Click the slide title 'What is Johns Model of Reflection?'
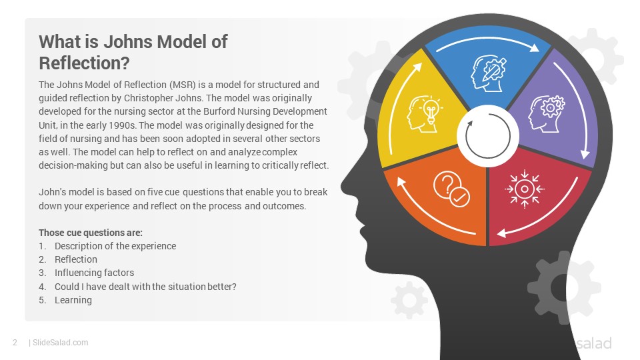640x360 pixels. point(133,52)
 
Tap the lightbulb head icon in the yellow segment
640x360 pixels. point(425,114)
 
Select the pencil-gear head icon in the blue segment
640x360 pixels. point(488,73)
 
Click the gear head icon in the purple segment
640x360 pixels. point(547,114)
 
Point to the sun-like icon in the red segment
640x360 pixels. point(525,189)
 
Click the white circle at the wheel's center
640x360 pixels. point(488,136)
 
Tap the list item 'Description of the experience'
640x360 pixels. point(115,246)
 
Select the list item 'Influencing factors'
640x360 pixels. point(94,273)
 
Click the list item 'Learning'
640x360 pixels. point(73,300)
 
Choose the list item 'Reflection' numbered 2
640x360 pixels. point(76,259)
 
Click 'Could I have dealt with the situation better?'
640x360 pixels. point(145,287)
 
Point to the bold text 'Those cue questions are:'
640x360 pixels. point(91,233)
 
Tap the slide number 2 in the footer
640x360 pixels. point(15,343)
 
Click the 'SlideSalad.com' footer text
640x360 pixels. point(61,343)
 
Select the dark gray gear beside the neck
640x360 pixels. point(564,287)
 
